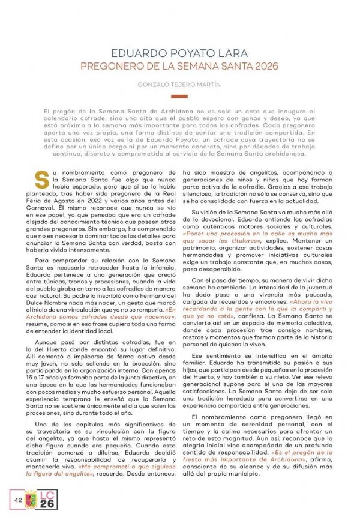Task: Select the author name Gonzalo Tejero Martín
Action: click(x=179, y=85)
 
